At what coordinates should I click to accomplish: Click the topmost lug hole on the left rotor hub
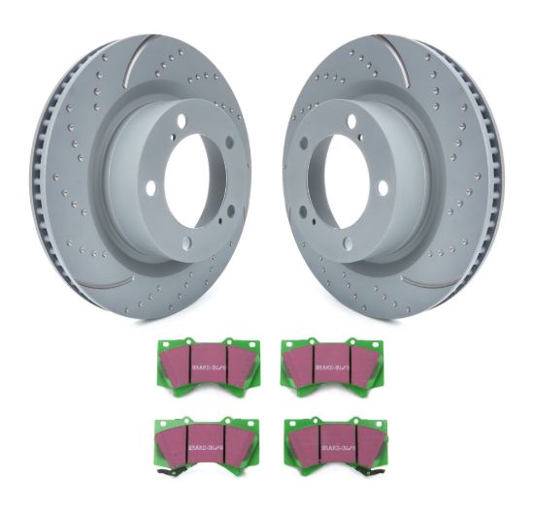(211, 111)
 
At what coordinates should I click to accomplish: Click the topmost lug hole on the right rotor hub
(323, 111)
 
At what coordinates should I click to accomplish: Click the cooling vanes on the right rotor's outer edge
(485, 179)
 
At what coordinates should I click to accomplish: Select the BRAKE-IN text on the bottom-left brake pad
(205, 435)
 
